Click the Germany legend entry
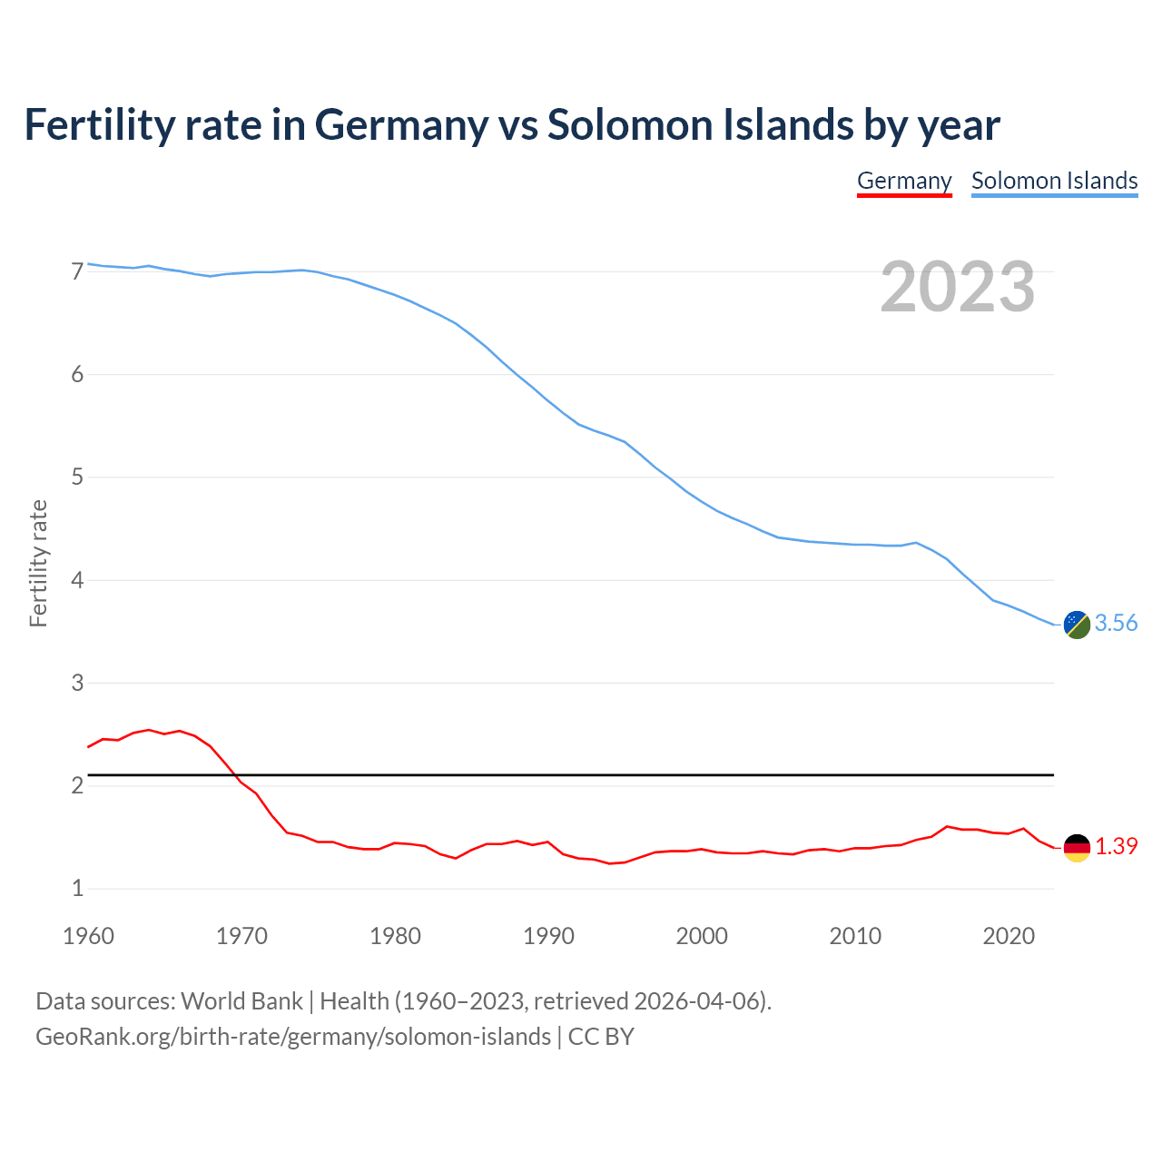click(904, 181)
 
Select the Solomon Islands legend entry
click(1054, 181)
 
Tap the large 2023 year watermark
click(958, 287)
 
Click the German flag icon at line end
click(1077, 847)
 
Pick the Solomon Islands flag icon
click(1077, 625)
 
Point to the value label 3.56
click(1116, 623)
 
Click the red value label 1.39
click(1116, 846)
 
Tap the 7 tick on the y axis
click(77, 271)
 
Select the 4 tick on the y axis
click(77, 580)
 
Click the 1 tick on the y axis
click(77, 889)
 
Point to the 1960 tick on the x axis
click(88, 936)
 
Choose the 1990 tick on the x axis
click(548, 936)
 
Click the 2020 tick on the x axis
click(1009, 936)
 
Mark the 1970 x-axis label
click(241, 936)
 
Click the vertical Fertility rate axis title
click(38, 563)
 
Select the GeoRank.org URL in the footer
click(292, 1037)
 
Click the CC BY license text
click(601, 1037)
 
